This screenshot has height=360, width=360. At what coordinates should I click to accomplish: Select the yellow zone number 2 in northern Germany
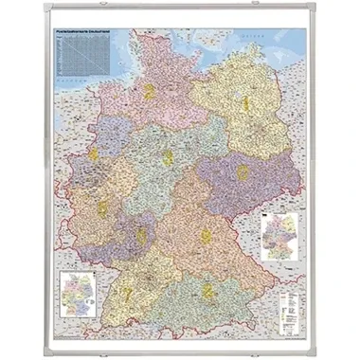(x=150, y=92)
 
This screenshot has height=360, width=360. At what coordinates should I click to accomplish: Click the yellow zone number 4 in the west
(x=93, y=153)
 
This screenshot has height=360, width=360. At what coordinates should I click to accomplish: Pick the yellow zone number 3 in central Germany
(x=168, y=157)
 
